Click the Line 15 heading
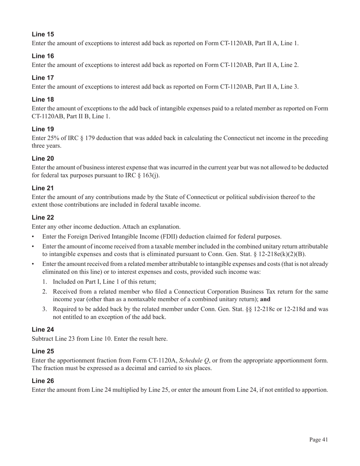(x=43, y=34)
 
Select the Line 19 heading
(x=43, y=129)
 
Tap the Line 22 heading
(x=43, y=217)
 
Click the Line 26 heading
(x=43, y=381)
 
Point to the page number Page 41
(x=318, y=439)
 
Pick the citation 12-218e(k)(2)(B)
(x=282, y=254)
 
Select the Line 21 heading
(x=43, y=188)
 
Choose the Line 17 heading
(x=43, y=78)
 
